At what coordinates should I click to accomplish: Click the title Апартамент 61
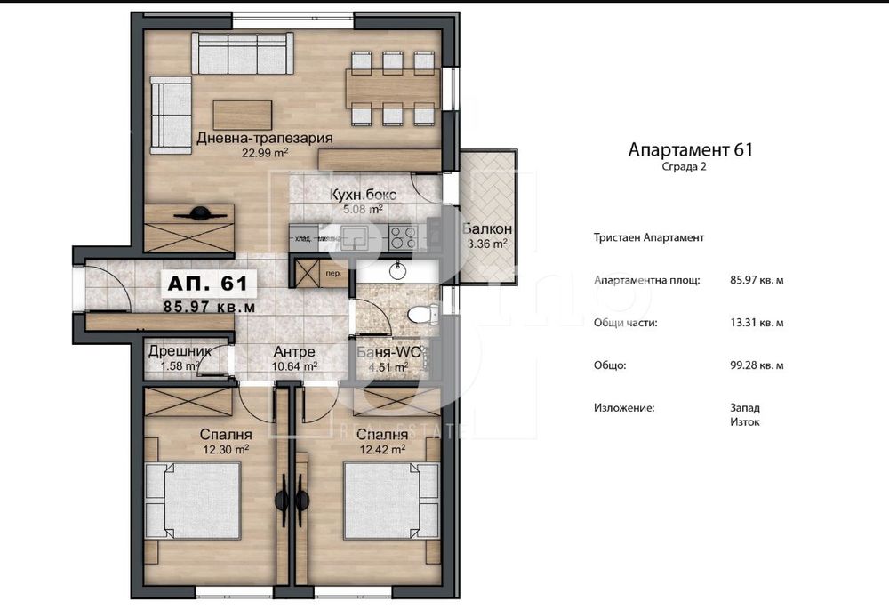(x=690, y=150)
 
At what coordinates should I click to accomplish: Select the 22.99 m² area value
(x=265, y=152)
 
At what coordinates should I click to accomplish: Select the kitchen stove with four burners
(x=403, y=236)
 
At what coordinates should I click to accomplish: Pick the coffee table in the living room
(x=243, y=115)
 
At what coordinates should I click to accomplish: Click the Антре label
(x=293, y=351)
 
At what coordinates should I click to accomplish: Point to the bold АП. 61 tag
(x=207, y=284)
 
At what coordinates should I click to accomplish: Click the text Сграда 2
(x=684, y=167)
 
